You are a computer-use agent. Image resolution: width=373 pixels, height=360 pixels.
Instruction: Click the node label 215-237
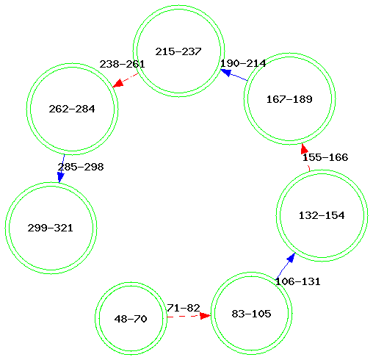[178, 51]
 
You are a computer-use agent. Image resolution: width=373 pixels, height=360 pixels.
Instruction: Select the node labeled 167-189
[289, 98]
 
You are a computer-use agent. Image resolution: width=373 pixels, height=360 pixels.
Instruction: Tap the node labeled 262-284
[72, 109]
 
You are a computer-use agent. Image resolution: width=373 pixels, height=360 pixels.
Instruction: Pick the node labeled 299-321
[51, 228]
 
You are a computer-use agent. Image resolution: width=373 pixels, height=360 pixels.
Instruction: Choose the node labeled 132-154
[322, 215]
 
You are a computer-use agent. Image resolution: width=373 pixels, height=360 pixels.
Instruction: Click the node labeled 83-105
[251, 313]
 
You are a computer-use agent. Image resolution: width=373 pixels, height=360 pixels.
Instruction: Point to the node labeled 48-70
[131, 318]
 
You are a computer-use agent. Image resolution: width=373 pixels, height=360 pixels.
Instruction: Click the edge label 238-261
[122, 64]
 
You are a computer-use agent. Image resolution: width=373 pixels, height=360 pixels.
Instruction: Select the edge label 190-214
[243, 63]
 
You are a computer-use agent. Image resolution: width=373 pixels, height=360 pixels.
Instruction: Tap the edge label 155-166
[325, 157]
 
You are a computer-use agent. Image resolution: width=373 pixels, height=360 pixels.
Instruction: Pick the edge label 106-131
[297, 281]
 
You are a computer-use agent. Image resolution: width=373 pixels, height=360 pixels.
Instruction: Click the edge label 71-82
[184, 308]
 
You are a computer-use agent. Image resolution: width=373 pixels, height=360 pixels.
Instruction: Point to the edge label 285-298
[81, 167]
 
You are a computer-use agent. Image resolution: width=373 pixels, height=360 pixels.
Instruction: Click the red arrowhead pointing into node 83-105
[205, 316]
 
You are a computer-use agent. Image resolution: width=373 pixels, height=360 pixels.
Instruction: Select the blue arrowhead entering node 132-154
[291, 258]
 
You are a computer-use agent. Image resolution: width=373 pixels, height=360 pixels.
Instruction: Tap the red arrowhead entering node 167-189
[304, 148]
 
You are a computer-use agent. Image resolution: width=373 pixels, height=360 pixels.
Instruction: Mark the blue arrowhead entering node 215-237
[226, 72]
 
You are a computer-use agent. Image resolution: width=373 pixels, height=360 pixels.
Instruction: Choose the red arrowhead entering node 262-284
[117, 83]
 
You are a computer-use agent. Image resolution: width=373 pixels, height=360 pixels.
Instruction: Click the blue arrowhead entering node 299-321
[60, 177]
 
